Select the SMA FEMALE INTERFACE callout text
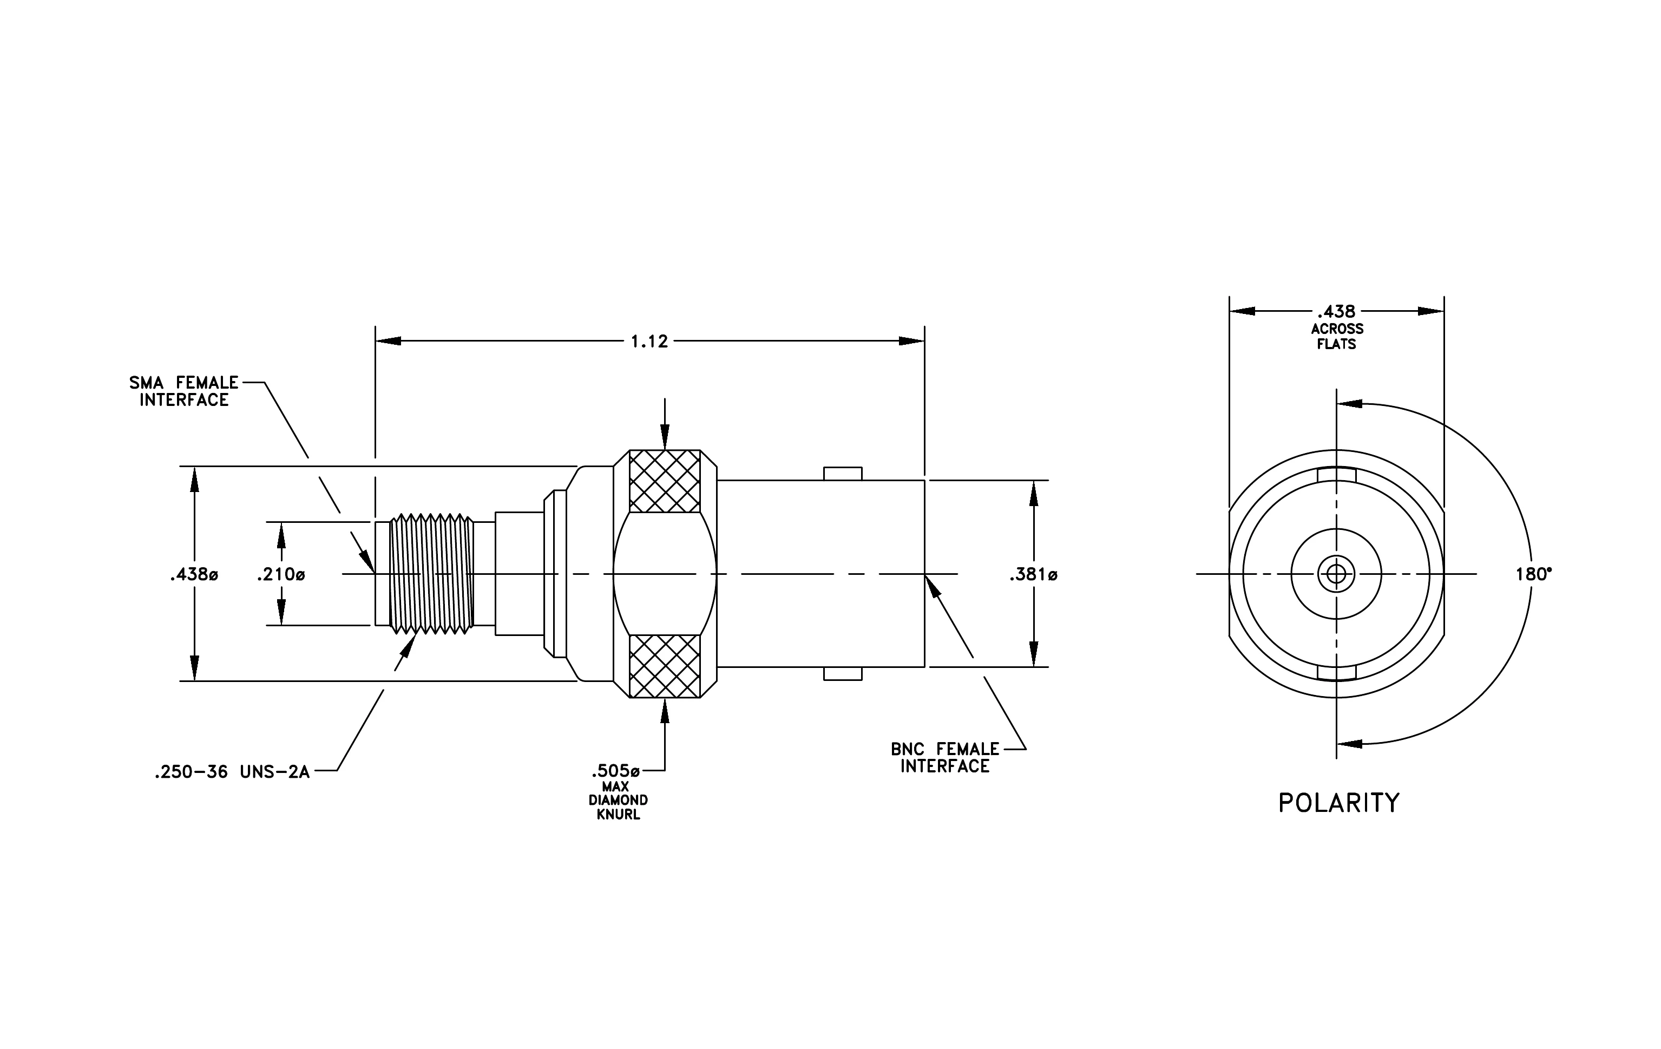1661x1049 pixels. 184,391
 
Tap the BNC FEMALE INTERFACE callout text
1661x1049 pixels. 945,757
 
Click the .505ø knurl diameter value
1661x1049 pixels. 615,770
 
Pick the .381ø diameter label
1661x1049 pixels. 1033,574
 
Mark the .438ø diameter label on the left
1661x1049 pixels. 194,574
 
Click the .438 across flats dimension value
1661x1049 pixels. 1336,312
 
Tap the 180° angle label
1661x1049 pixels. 1533,574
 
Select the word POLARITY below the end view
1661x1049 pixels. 1339,803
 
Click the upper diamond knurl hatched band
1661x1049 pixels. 665,481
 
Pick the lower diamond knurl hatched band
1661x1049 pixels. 665,666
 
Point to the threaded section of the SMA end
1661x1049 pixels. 432,573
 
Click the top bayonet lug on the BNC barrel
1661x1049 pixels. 842,474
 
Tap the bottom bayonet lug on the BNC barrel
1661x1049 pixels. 842,674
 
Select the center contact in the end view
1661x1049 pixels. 1336,574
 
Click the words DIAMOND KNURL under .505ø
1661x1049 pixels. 618,808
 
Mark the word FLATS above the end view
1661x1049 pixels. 1337,344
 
